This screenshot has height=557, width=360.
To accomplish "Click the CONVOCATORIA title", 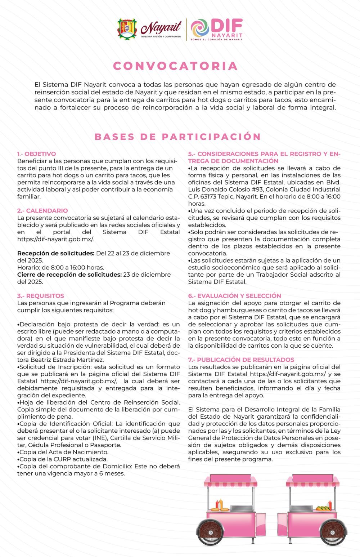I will coord(175,66).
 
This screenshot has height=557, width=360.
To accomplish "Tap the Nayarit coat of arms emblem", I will coord(127,29).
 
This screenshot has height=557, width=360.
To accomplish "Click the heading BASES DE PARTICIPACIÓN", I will coord(178,137).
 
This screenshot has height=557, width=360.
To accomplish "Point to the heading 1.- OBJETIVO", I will coord(37,154).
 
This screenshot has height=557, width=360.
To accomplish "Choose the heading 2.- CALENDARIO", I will coord(42,211).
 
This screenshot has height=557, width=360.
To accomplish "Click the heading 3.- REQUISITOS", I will coord(41,296).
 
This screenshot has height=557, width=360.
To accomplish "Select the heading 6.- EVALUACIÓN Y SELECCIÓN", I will coord(234,296).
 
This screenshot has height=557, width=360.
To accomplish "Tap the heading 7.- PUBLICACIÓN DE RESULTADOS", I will coord(241,360).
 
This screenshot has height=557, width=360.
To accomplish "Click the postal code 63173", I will coord(206,197).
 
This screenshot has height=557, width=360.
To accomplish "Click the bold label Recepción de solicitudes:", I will coord(56,253).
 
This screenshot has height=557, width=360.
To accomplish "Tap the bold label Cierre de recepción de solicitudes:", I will coord(69,275).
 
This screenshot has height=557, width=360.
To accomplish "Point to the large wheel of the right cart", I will coord(333,532).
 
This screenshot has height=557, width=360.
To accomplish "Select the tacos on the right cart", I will coord(323,508).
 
